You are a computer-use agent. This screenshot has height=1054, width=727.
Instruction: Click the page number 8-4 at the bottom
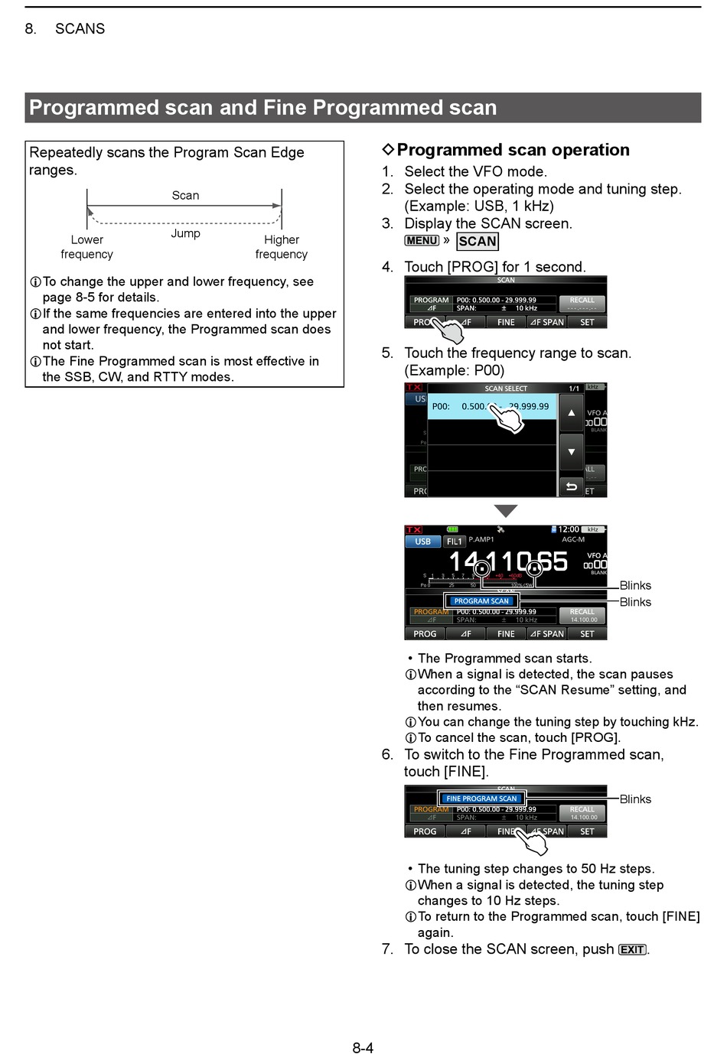pos(363,1047)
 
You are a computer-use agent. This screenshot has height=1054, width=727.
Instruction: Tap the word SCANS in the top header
pos(80,29)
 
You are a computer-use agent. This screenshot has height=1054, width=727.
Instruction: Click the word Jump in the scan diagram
pos(185,233)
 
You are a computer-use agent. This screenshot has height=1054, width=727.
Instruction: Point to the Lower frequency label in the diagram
pos(87,247)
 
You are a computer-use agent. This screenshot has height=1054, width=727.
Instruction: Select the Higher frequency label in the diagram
pos(282,247)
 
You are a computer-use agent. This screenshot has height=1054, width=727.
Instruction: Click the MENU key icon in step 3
pos(422,240)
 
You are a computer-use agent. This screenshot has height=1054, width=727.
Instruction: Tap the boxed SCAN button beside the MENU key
pos(478,242)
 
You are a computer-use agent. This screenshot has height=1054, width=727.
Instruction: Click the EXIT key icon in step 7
pos(632,950)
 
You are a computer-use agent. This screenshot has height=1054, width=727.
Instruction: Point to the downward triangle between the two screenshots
pos(505,511)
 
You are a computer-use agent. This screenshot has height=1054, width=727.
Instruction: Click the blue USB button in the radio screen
pos(422,542)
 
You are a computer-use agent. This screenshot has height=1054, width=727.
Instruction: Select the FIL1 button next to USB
pos(455,542)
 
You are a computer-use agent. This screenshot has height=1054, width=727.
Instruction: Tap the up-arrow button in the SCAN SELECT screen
pos(571,413)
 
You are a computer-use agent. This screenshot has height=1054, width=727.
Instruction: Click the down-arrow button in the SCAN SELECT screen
pos(571,451)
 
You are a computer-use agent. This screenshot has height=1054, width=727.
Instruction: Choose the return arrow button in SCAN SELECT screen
pos(571,486)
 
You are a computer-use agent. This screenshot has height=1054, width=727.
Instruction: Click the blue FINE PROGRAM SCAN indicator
pos(481,799)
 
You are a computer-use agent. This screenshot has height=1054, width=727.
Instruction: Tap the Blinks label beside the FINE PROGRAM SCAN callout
pos(635,799)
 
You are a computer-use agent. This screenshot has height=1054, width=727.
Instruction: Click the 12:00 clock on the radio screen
pos(568,529)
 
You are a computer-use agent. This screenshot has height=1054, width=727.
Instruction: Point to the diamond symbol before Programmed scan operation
pos(388,150)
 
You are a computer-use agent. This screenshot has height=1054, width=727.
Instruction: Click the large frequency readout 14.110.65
pos(508,562)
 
